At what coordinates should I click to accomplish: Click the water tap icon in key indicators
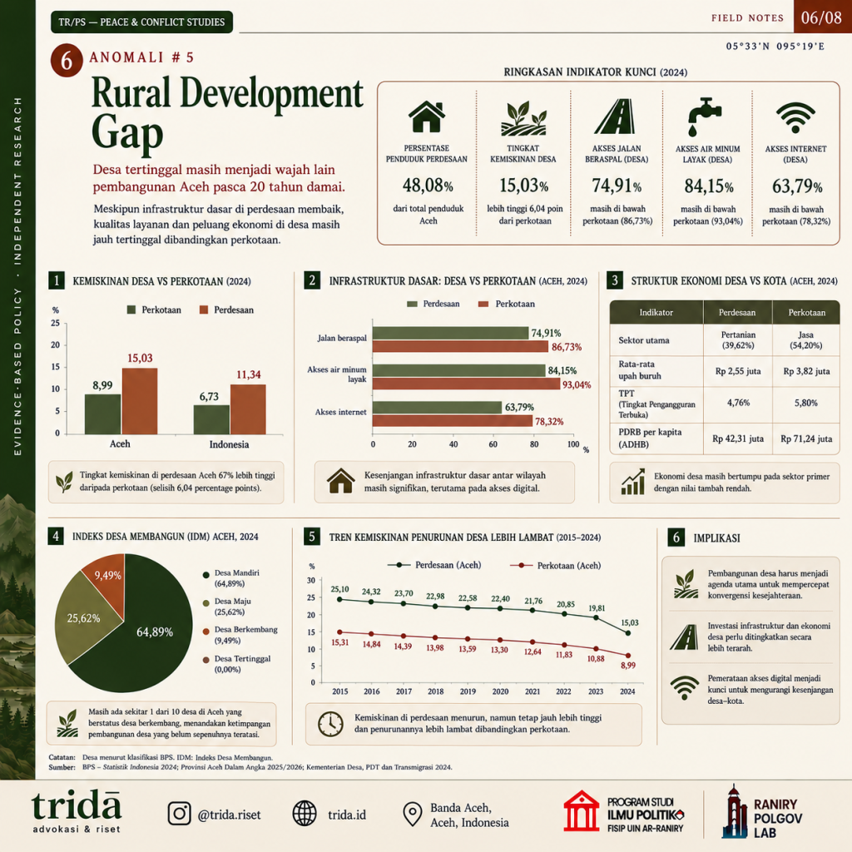[704, 116]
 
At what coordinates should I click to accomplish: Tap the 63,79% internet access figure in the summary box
[796, 187]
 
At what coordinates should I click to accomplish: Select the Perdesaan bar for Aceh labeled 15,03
[140, 401]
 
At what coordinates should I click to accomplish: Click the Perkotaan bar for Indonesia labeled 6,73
[211, 419]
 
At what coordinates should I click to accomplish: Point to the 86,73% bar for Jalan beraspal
[460, 347]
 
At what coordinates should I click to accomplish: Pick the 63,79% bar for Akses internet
[437, 407]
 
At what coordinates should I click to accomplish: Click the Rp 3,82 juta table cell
[806, 372]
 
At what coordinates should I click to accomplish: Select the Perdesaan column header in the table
[737, 313]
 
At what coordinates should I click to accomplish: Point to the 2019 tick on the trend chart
[468, 691]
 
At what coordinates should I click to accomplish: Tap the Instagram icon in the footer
[180, 814]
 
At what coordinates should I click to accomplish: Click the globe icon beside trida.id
[305, 814]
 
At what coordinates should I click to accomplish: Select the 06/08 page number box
[822, 17]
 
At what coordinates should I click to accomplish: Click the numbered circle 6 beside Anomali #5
[67, 60]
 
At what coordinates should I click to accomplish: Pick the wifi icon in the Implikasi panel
[685, 686]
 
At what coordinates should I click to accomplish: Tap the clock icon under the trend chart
[330, 724]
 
